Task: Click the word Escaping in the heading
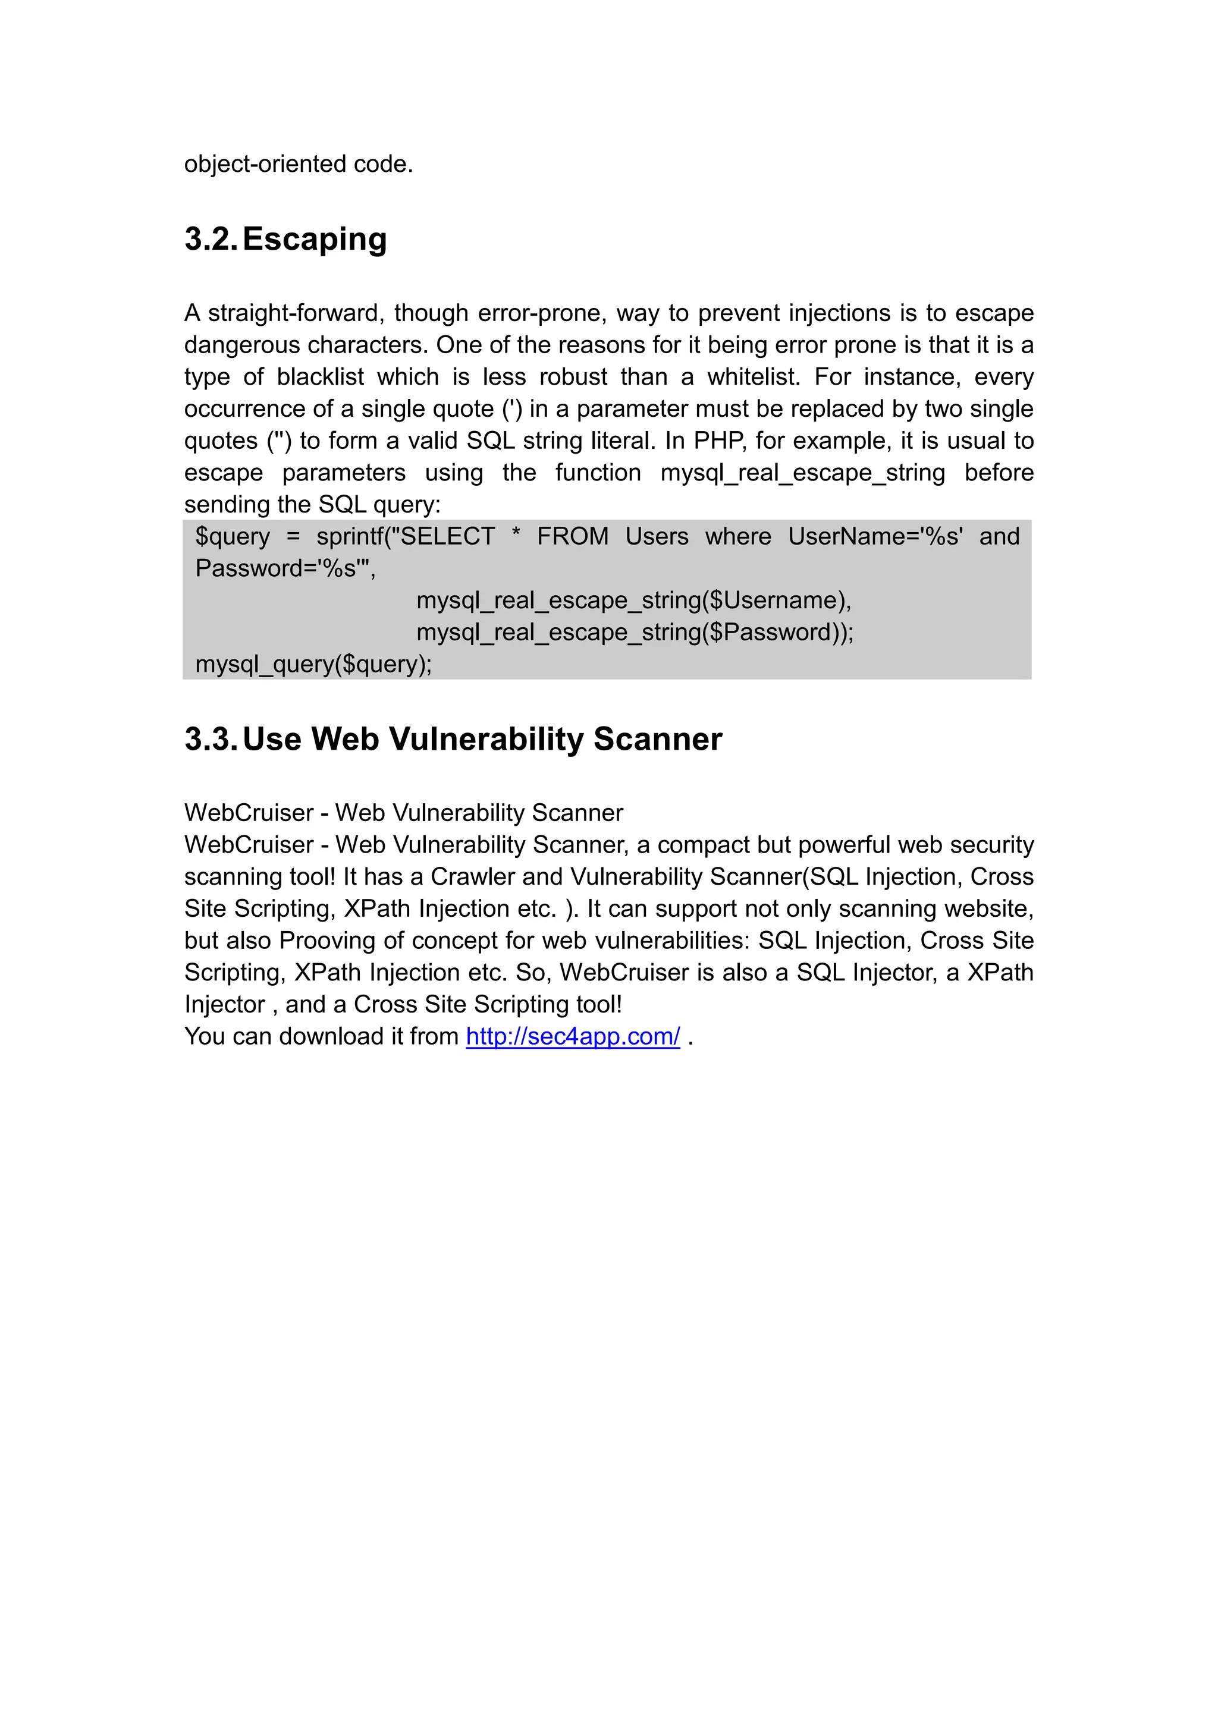point(315,240)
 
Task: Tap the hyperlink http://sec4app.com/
point(573,1036)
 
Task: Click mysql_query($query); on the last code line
point(313,665)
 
